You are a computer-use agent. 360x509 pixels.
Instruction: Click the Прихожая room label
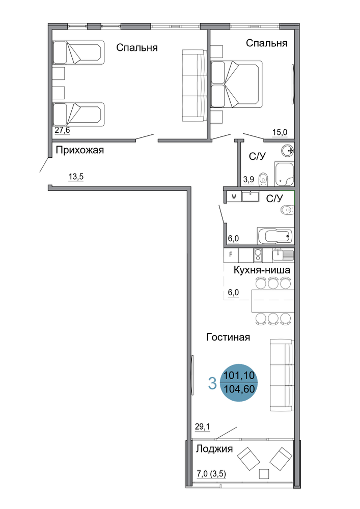(x=79, y=150)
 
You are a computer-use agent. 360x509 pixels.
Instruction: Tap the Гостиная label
(x=228, y=337)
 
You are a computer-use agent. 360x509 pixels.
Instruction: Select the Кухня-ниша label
(x=262, y=270)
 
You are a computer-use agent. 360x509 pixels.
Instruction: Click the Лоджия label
(x=214, y=449)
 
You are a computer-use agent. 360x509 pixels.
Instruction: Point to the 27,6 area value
(x=62, y=130)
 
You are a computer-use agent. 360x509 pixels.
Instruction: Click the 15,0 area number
(x=280, y=132)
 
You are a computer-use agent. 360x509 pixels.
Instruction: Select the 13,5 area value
(x=76, y=177)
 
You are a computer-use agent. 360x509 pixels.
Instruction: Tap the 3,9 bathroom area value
(x=248, y=180)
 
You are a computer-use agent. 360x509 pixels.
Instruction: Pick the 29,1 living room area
(x=202, y=427)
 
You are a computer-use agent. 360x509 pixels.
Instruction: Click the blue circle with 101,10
(x=239, y=382)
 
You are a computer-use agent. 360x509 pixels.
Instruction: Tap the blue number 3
(x=212, y=383)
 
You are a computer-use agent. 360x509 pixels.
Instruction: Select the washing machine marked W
(x=234, y=196)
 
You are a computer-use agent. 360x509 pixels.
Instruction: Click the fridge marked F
(x=231, y=255)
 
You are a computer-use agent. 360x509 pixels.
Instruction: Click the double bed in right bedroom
(x=236, y=84)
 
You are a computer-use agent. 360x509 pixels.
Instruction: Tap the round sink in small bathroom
(x=287, y=151)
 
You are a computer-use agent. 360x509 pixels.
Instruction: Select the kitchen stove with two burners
(x=258, y=255)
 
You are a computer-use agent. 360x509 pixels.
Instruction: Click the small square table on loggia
(x=264, y=474)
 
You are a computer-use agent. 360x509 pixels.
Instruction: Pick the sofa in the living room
(x=282, y=375)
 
